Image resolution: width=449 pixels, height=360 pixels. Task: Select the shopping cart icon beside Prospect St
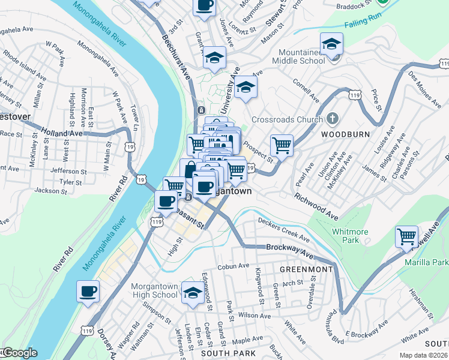tap(282, 145)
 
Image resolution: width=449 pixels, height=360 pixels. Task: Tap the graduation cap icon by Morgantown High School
tap(193, 292)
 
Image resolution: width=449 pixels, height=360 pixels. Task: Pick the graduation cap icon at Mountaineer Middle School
tap(331, 44)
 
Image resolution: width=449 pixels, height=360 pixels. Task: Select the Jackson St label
tap(49, 191)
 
